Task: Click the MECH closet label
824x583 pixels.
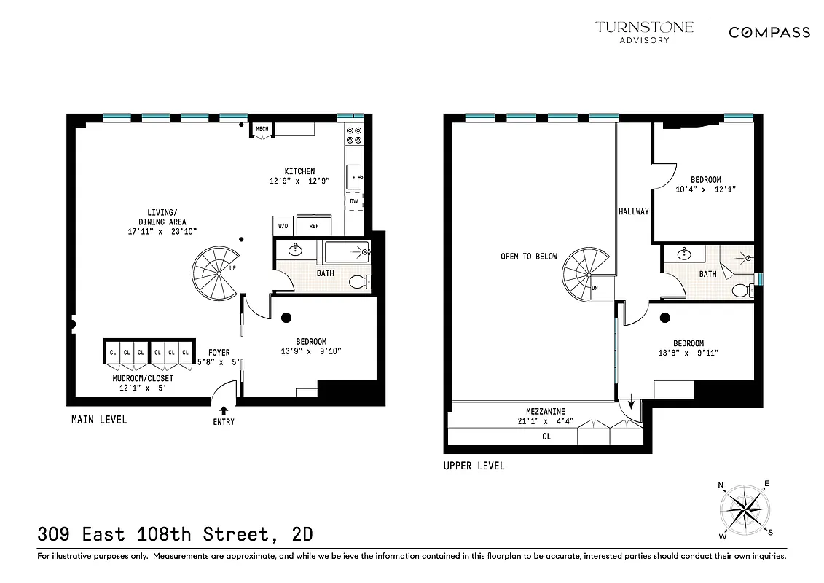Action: tap(262, 130)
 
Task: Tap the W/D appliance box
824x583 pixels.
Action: tap(283, 226)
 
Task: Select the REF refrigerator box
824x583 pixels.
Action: tap(314, 226)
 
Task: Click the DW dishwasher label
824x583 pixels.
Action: tap(354, 200)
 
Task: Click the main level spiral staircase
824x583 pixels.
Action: tap(216, 273)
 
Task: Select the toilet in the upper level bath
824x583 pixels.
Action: tap(742, 290)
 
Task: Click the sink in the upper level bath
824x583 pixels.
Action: tap(685, 254)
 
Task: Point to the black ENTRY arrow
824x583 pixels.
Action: tap(224, 410)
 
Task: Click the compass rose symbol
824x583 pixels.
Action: tap(744, 507)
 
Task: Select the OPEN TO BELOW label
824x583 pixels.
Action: tap(528, 257)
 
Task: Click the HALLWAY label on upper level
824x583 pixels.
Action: tap(633, 211)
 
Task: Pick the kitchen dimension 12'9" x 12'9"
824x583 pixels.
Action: tap(299, 181)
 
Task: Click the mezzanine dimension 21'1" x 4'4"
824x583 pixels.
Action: tap(546, 420)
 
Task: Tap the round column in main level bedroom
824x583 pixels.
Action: tap(286, 317)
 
